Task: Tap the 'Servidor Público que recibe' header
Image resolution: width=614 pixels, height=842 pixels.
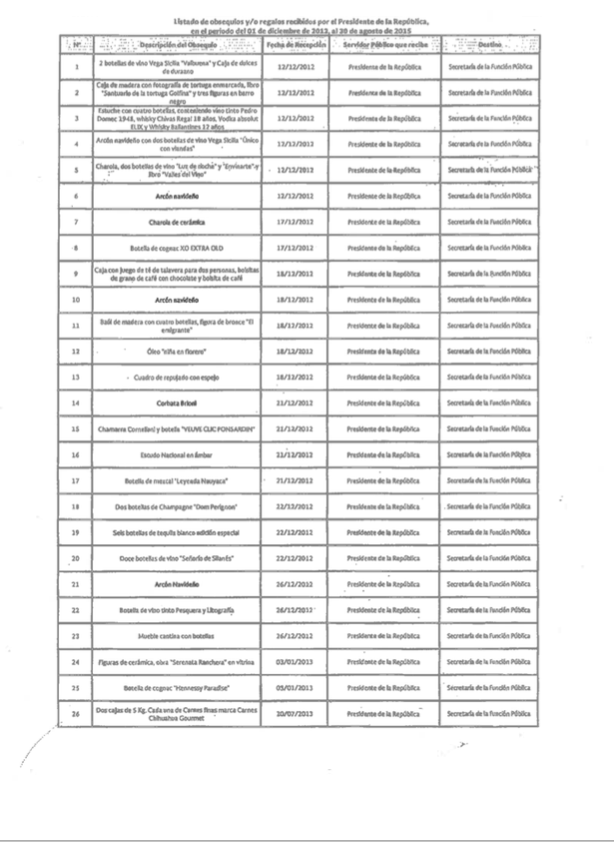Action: click(x=383, y=47)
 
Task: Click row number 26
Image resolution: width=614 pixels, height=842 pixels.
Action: click(x=77, y=714)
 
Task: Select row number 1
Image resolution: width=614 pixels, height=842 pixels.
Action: click(x=77, y=66)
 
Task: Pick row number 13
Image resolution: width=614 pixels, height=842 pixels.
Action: click(x=77, y=377)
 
